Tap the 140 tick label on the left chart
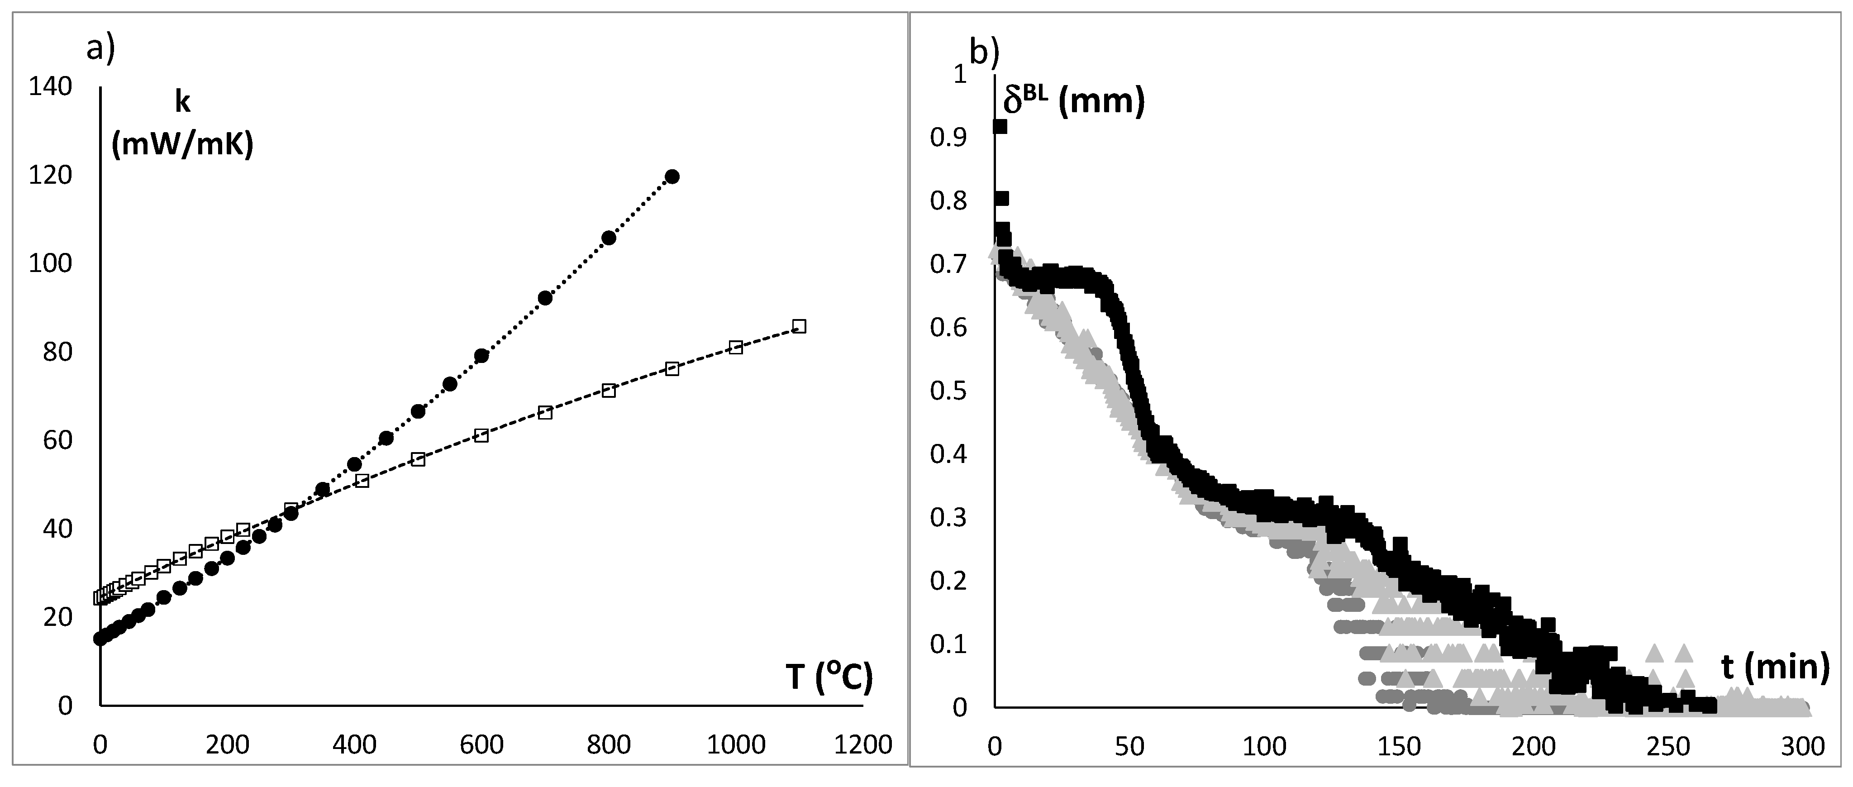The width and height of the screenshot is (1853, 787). (50, 86)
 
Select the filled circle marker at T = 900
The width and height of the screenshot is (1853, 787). (672, 176)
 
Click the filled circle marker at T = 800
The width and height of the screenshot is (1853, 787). (609, 238)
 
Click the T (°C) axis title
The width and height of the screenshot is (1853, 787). (829, 677)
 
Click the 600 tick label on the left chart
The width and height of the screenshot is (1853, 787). (481, 744)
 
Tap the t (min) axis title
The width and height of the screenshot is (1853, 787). (1775, 667)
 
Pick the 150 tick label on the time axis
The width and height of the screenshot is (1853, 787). (1398, 747)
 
